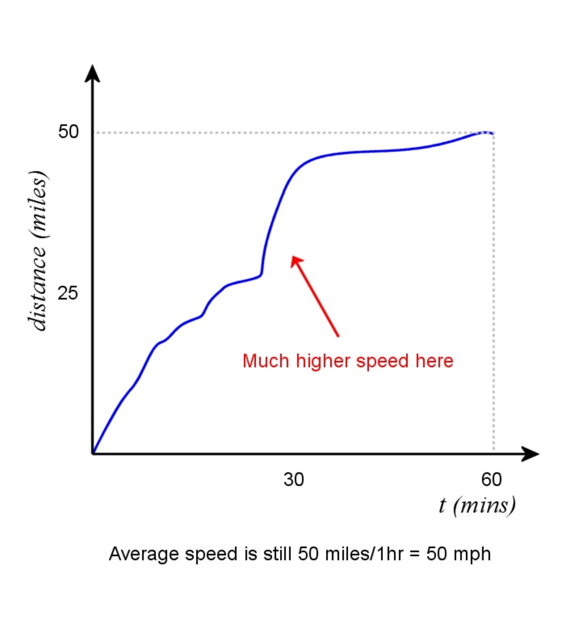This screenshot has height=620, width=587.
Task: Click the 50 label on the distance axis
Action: coord(68,132)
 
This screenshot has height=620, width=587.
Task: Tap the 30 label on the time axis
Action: coord(293,479)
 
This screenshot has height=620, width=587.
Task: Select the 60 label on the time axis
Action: coord(491,479)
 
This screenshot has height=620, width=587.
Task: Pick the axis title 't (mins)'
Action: coord(477,505)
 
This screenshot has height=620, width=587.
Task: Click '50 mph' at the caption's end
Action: coord(458,554)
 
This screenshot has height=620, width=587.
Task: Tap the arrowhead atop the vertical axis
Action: coord(92,73)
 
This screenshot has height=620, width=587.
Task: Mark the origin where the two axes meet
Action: coord(93,454)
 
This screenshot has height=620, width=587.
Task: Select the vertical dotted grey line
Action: coord(494,295)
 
